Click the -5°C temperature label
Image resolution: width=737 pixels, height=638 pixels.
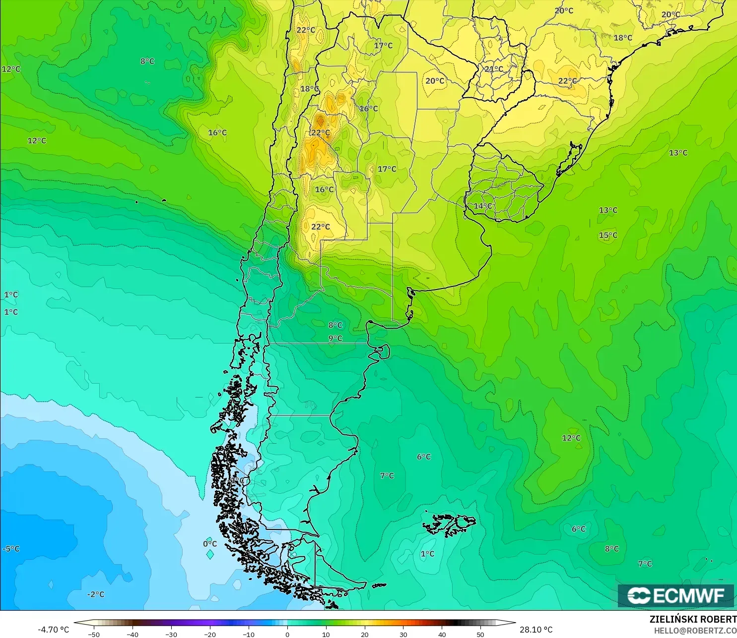(x=11, y=549)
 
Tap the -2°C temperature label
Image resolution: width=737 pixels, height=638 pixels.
(x=96, y=594)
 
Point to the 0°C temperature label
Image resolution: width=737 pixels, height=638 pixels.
(x=210, y=544)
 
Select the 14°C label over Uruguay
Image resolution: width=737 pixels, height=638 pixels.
(x=483, y=206)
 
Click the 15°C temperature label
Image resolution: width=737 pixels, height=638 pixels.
(x=608, y=235)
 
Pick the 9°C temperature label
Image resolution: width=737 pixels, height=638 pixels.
(x=335, y=339)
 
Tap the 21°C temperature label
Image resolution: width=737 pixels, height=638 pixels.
(x=494, y=69)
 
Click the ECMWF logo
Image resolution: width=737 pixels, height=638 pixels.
(x=675, y=595)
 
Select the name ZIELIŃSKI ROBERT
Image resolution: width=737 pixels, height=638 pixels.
(x=693, y=619)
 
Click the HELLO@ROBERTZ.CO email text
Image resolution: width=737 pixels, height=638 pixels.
(x=695, y=631)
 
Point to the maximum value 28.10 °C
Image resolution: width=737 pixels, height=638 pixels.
(x=536, y=630)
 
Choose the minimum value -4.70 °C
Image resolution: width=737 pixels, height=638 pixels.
(x=54, y=630)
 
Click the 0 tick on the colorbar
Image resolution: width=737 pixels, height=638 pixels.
(x=287, y=634)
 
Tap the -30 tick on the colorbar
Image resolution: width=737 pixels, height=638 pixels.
(x=171, y=634)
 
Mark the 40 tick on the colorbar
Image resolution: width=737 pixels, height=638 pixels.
(x=442, y=634)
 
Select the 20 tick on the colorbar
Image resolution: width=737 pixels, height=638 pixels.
(x=365, y=634)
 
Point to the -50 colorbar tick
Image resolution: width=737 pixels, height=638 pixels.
(x=93, y=634)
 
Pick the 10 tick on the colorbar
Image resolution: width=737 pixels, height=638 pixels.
(x=326, y=634)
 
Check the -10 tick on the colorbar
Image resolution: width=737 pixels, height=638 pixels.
(x=248, y=634)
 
